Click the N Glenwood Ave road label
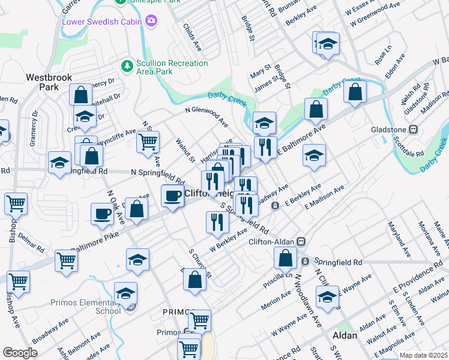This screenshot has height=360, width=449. pos(206,115)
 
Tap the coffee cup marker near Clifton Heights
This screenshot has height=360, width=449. pos(173,196)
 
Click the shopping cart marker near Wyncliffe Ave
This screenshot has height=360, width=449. pos(147,142)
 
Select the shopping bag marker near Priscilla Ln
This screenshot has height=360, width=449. pos(285,259)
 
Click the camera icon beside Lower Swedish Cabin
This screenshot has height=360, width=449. pos(151,22)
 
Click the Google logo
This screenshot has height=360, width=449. pos(20,352)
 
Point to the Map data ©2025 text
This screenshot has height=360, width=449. pos(424,355)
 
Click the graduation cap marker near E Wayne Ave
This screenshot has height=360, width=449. pos(327,298)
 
